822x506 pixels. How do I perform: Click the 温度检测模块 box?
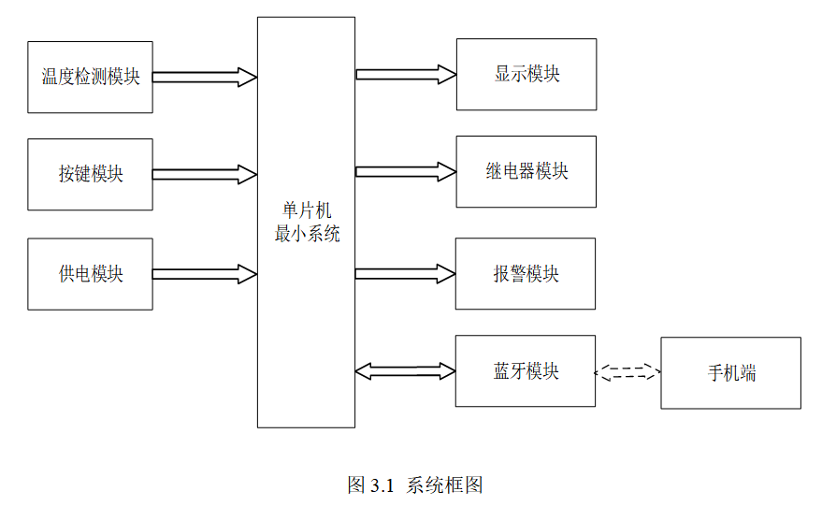(x=90, y=77)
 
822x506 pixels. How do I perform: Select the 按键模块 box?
(x=90, y=175)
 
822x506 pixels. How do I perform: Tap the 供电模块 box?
(x=90, y=274)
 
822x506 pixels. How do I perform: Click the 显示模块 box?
(x=526, y=75)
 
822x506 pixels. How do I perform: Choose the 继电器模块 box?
(x=526, y=172)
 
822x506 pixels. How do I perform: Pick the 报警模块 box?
(x=526, y=274)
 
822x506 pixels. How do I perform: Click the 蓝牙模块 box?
(x=526, y=370)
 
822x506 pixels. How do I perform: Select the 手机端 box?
(x=730, y=373)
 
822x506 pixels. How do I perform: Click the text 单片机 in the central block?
(x=307, y=210)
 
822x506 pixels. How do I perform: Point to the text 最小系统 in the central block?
(x=307, y=234)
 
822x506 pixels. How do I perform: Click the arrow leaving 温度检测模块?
(x=205, y=77)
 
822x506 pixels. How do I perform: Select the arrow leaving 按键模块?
(x=205, y=175)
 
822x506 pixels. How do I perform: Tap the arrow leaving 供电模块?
(x=205, y=274)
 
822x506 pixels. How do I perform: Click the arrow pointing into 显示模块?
(x=406, y=75)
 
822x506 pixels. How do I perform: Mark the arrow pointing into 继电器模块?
(x=406, y=172)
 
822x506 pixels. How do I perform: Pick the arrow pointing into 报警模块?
(x=405, y=274)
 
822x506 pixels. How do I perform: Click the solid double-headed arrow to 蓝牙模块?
(x=405, y=370)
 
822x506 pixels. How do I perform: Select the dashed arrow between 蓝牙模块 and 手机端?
(x=627, y=372)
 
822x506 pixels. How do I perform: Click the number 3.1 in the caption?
(x=382, y=486)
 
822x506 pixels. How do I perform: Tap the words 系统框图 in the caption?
(x=444, y=485)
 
